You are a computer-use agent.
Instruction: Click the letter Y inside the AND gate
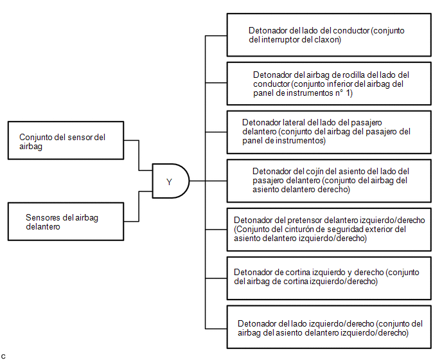coord(169,182)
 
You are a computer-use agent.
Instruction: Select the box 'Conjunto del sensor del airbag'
coord(66,141)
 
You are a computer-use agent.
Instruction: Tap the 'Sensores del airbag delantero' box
coord(66,222)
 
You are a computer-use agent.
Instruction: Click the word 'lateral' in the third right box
coord(294,122)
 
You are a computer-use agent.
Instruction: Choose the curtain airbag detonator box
coord(329,278)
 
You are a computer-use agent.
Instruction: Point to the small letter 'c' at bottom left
coord(3,356)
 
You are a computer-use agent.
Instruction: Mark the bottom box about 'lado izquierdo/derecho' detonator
coord(329,327)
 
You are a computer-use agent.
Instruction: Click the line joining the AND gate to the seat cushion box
coord(208,181)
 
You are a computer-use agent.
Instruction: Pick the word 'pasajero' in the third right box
coord(366,123)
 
